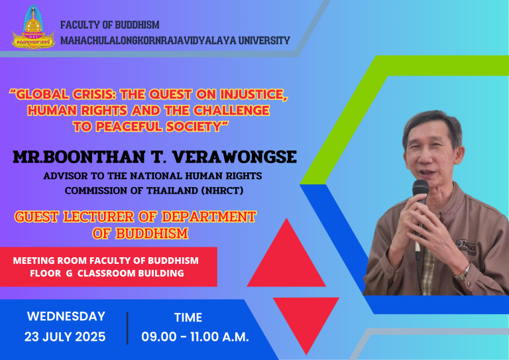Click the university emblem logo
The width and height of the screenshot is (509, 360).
pyautogui.click(x=33, y=27)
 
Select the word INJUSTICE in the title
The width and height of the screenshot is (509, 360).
pyautogui.click(x=254, y=94)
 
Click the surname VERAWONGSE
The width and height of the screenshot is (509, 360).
pyautogui.click(x=235, y=157)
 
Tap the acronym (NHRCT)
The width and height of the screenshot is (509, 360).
pyautogui.click(x=222, y=190)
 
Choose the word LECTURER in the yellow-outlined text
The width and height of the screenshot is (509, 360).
pyautogui.click(x=99, y=217)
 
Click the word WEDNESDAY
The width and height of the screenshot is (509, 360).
pyautogui.click(x=66, y=316)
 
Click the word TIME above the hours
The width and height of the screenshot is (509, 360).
pyautogui.click(x=188, y=318)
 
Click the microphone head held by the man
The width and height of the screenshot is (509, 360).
pyautogui.click(x=421, y=188)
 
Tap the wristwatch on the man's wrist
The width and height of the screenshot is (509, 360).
pyautogui.click(x=463, y=273)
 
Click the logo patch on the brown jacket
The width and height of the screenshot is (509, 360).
pyautogui.click(x=466, y=247)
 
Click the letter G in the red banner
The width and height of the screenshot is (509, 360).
pyautogui.click(x=69, y=273)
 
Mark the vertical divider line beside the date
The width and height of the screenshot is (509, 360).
pyautogui.click(x=127, y=328)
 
